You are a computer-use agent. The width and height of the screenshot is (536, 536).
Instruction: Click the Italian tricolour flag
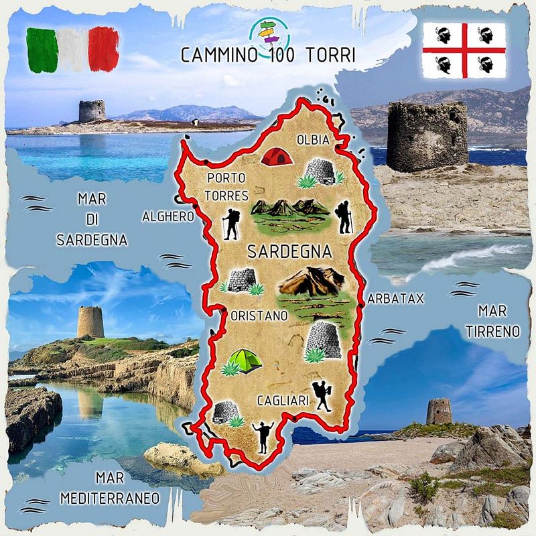tap(72, 49)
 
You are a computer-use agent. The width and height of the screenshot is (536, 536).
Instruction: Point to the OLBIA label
tap(314, 140)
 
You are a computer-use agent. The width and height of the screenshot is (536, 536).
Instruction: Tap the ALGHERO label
tap(167, 216)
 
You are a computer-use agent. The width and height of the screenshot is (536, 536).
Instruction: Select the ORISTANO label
tap(259, 314)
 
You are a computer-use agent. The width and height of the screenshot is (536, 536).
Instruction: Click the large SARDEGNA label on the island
tap(289, 252)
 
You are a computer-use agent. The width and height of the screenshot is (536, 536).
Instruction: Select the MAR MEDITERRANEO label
tap(109, 488)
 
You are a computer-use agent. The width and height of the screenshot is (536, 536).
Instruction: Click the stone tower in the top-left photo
tap(92, 111)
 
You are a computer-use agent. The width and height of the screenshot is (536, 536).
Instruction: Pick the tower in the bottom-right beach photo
tap(439, 411)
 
